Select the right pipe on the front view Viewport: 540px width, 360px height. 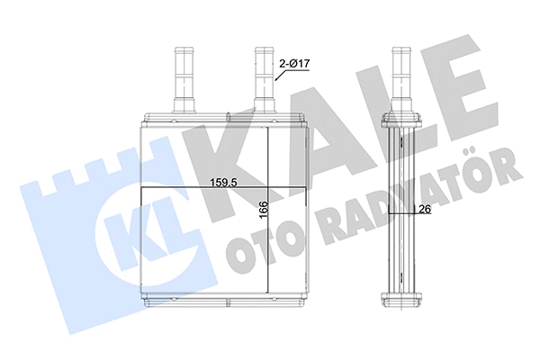[x=264, y=77]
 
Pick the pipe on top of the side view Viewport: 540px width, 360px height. [x=400, y=77]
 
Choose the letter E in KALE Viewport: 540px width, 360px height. [x=459, y=87]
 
